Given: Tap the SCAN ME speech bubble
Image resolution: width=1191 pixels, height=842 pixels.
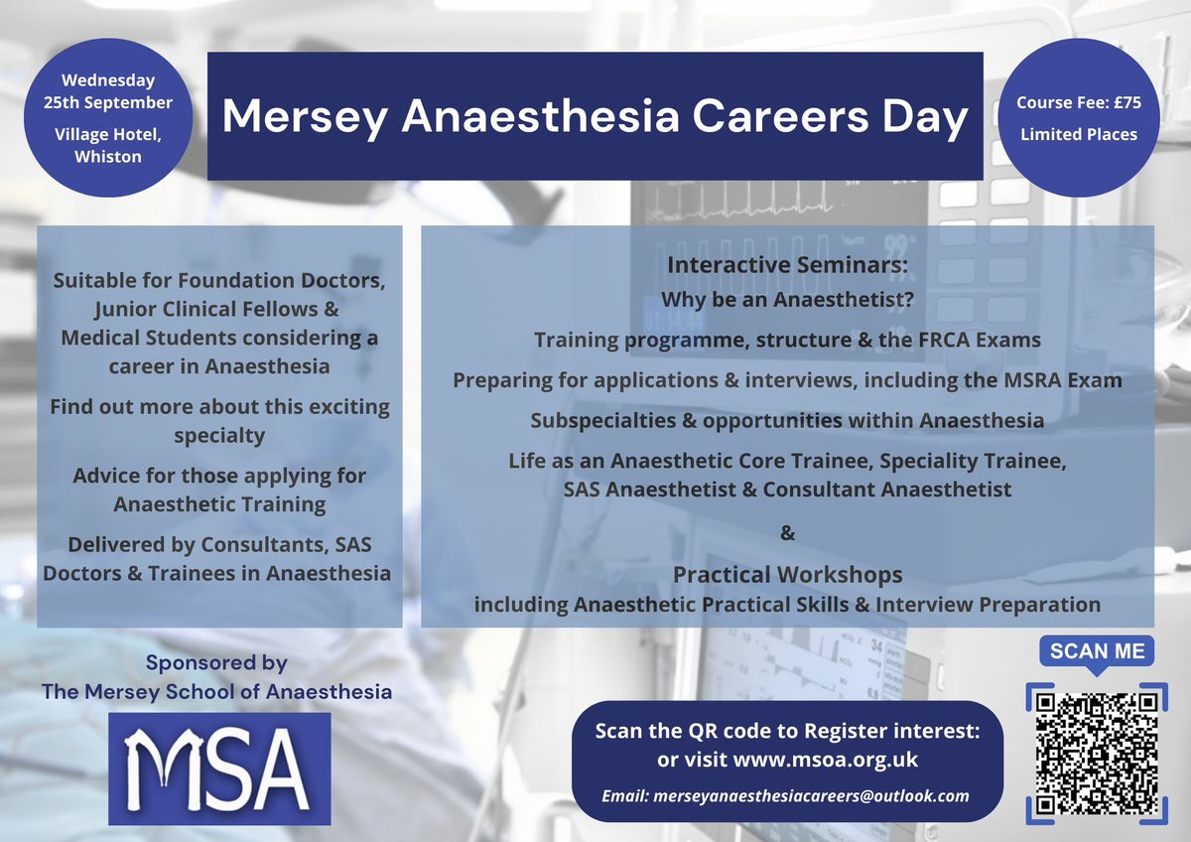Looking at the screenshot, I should coord(1097,652).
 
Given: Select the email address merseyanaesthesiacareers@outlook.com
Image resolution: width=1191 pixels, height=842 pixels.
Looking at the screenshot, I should coord(785,796).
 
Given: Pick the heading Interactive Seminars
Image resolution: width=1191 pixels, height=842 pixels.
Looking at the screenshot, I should coord(788,266).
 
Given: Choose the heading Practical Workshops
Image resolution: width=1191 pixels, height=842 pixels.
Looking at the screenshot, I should coord(787,575).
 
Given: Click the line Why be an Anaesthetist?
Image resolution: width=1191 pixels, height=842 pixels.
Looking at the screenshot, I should coord(787,300).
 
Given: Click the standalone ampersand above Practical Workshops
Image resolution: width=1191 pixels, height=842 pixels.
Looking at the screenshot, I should coord(788,534).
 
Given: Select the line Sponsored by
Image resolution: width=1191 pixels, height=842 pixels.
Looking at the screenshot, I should coord(215,662).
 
